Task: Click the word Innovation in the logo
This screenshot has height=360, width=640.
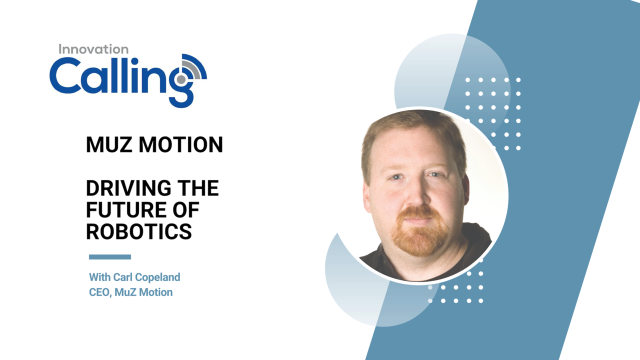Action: point(93,49)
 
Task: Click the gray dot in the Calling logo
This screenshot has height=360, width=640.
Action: point(181,79)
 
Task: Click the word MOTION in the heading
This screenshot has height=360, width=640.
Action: point(180,145)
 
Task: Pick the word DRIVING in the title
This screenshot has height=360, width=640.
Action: point(128,188)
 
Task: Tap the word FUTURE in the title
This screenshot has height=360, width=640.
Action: point(126,209)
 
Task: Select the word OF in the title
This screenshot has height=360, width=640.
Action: point(186,209)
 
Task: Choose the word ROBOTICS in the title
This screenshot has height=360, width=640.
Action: point(139,231)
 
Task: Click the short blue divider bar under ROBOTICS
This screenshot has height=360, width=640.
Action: point(110,257)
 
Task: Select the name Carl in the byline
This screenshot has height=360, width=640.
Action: point(123,277)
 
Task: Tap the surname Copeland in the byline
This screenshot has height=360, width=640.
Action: point(157,277)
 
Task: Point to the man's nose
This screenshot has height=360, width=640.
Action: point(417,194)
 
